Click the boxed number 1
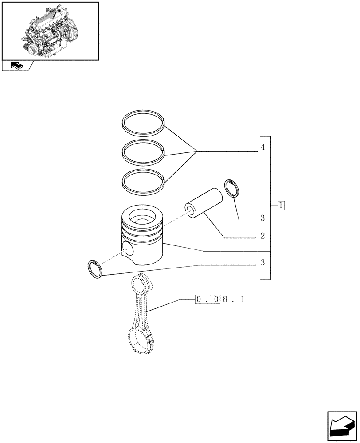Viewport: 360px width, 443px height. (x=281, y=205)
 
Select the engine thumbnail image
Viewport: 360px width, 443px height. (x=50, y=31)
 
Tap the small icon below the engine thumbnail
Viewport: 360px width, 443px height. (x=16, y=66)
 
